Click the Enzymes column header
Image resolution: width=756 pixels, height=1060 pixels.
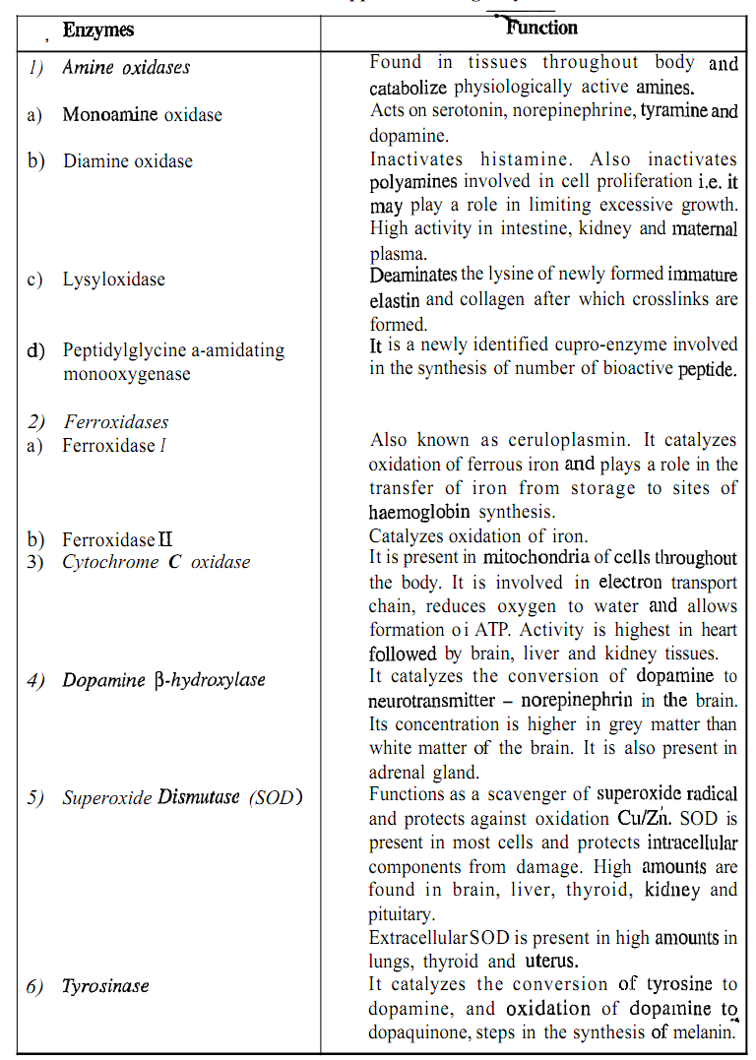98,31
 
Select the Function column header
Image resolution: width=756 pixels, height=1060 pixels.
541,28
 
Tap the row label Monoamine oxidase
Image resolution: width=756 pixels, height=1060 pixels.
142,114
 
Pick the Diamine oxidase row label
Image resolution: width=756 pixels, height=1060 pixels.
128,160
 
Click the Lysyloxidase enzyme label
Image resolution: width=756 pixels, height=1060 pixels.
113,280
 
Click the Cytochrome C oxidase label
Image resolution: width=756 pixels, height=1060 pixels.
156,562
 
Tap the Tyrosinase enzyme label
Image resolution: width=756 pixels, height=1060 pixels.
105,986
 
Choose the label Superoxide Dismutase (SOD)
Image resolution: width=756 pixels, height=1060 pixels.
182,797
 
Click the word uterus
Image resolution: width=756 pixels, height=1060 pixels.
549,962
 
